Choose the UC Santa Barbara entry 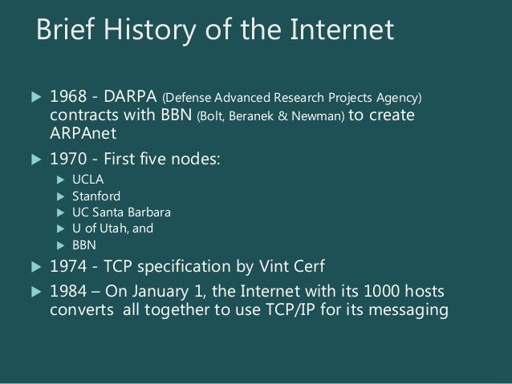(x=120, y=212)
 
